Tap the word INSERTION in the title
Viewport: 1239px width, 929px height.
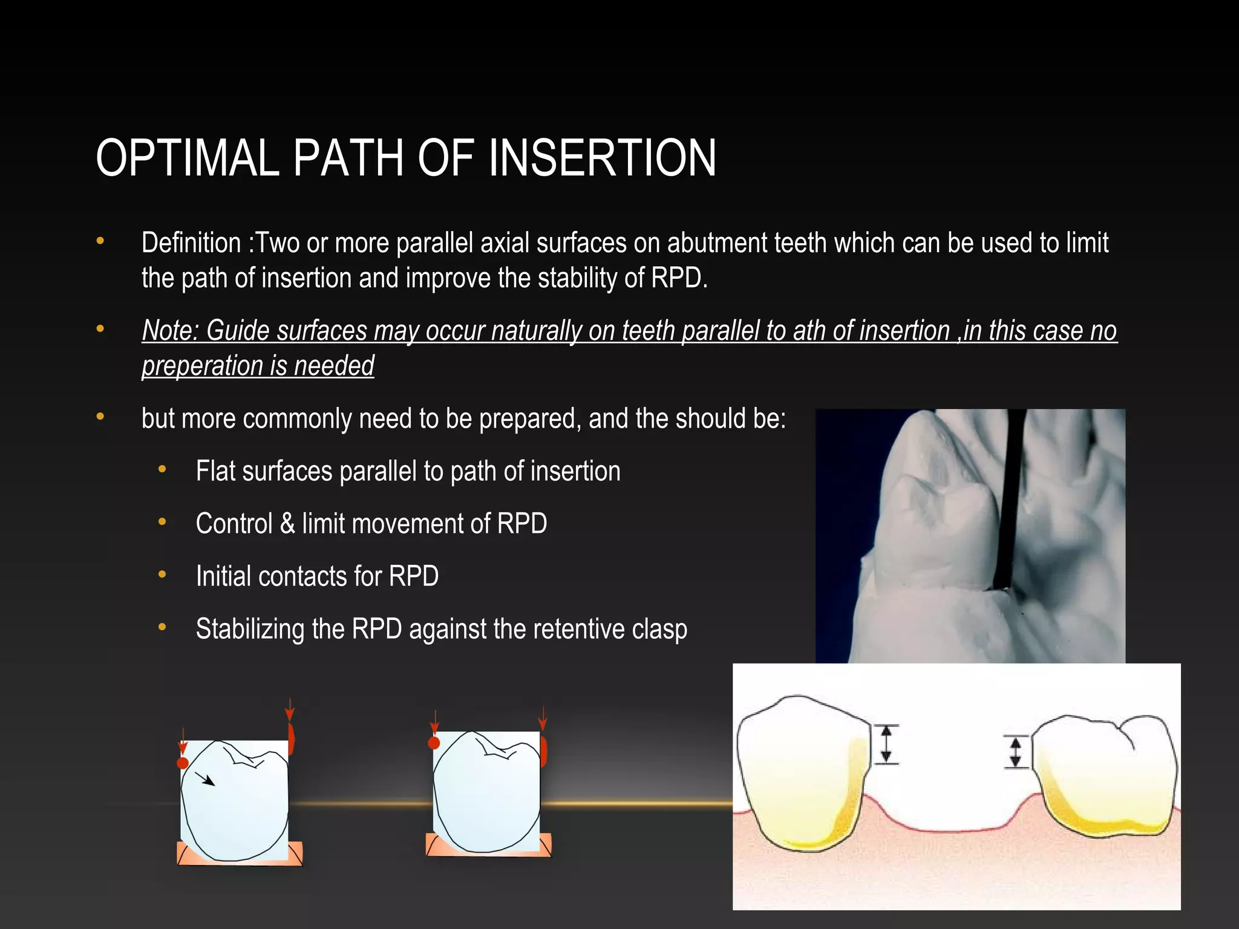602,158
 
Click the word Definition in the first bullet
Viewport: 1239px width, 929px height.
191,243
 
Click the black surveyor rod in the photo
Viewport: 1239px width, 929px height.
1010,502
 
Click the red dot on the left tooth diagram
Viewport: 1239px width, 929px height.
183,763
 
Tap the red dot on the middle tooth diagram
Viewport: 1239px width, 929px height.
434,743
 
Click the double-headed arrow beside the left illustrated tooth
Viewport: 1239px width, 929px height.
886,744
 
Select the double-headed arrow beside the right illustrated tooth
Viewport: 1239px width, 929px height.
1016,752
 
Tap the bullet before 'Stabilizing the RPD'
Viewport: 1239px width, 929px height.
162,628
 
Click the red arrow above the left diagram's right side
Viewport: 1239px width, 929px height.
290,709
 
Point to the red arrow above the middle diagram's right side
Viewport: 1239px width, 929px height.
542,718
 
